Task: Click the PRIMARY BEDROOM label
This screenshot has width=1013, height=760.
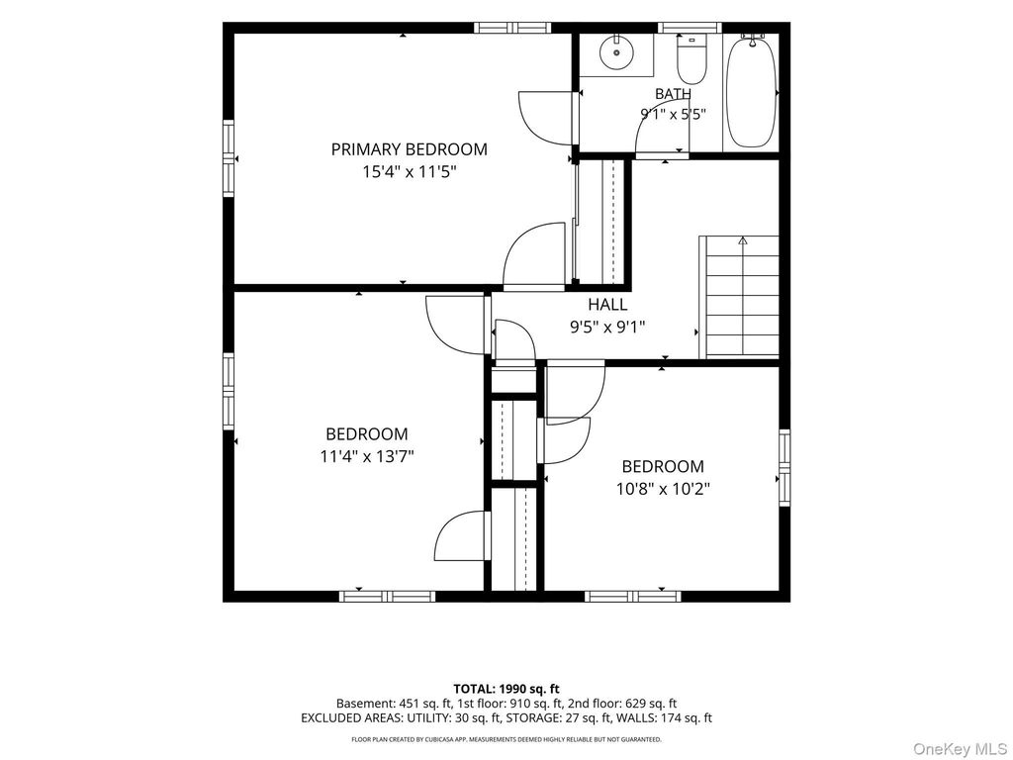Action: [409, 149]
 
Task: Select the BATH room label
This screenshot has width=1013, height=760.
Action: [673, 94]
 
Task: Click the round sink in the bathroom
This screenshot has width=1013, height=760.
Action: [615, 52]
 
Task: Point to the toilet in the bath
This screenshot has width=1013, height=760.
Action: [691, 60]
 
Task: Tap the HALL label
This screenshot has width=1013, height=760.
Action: [607, 304]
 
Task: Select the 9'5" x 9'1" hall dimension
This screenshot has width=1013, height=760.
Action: [607, 328]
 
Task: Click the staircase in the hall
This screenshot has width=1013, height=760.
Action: [740, 297]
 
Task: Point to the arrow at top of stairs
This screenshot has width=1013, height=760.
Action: [743, 240]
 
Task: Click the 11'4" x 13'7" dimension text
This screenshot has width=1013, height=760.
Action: [366, 457]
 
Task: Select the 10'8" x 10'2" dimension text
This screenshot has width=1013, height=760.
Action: [663, 489]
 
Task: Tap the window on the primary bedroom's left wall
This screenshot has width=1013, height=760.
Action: [229, 157]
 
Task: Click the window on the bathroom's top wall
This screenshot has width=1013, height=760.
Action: [690, 28]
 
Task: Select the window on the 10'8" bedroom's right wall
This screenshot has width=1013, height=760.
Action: [784, 467]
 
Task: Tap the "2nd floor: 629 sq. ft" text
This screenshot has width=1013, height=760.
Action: [622, 704]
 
